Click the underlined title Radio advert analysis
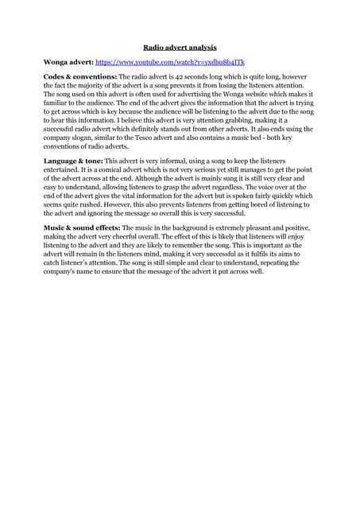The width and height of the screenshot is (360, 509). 180,47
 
